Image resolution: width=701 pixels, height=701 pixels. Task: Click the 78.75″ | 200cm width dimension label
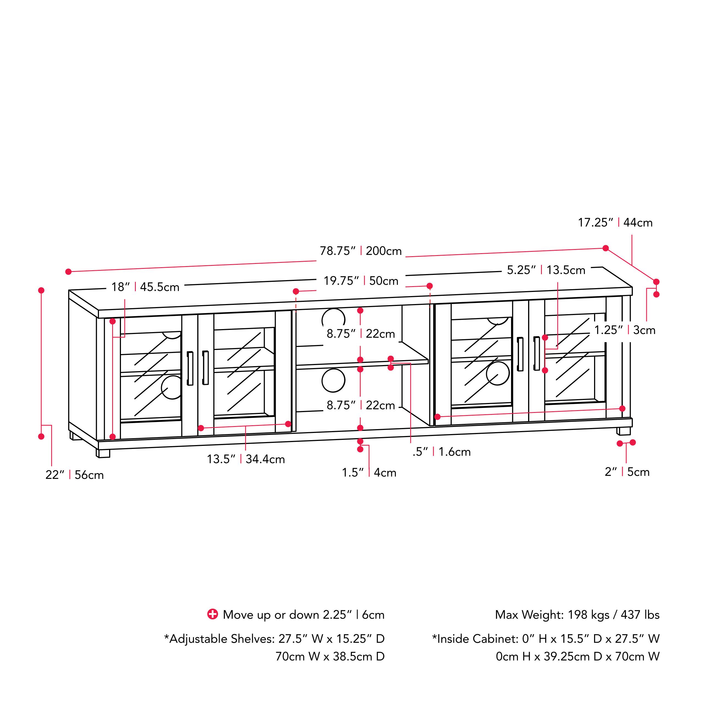[360, 251]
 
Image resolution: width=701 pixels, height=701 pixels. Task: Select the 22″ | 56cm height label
[74, 475]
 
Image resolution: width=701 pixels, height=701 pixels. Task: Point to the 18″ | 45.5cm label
[145, 287]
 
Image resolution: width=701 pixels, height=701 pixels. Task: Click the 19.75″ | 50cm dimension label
[361, 281]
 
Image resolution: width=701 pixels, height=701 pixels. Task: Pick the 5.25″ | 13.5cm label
[546, 270]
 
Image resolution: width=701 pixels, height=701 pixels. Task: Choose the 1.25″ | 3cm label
[625, 330]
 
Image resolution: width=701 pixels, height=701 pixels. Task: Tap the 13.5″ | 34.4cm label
[246, 459]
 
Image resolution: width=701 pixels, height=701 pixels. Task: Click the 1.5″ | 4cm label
[369, 473]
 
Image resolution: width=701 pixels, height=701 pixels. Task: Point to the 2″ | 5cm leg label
[627, 472]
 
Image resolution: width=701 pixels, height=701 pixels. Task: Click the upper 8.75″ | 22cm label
[361, 333]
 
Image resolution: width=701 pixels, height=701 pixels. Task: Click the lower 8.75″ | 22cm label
[361, 405]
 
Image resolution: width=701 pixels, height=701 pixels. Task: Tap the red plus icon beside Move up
[212, 614]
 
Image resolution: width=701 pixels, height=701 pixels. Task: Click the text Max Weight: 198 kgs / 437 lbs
[577, 615]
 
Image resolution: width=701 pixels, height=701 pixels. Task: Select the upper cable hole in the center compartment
[333, 319]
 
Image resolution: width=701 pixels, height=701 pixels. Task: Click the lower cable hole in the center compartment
[333, 380]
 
